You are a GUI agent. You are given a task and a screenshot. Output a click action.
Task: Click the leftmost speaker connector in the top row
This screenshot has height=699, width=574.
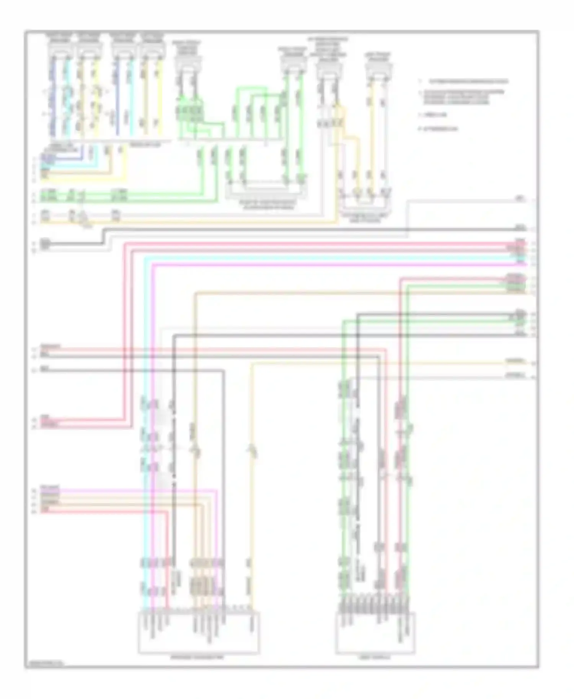pyautogui.click(x=59, y=49)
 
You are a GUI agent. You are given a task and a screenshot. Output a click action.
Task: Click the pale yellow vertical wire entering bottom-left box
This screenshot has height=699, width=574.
pyautogui.click(x=252, y=497)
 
